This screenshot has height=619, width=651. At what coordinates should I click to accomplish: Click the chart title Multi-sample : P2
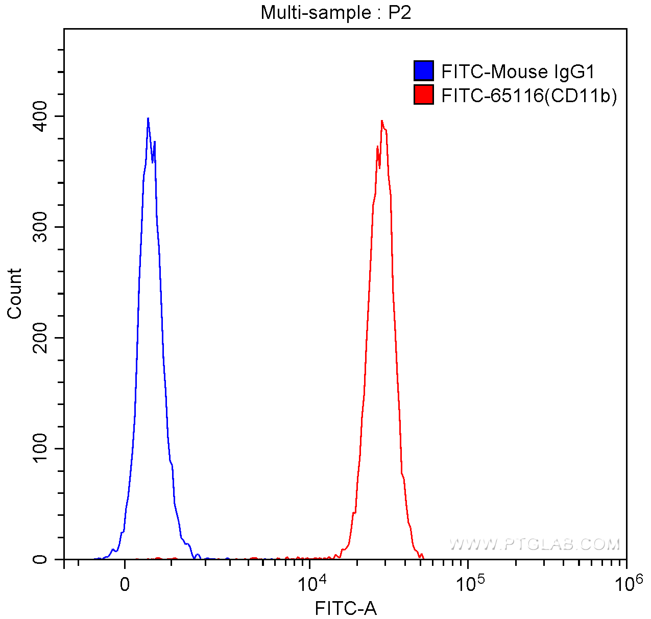click(x=335, y=12)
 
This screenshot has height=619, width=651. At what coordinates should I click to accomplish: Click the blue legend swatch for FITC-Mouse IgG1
click(x=423, y=71)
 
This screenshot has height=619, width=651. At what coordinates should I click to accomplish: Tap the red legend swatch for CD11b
click(x=423, y=95)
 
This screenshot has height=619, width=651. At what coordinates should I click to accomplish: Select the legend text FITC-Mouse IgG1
click(x=518, y=72)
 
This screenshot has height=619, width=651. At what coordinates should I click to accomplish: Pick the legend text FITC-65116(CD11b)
click(x=528, y=96)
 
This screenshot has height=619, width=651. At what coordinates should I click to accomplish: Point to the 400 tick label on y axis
click(x=43, y=116)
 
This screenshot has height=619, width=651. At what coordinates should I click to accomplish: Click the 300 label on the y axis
click(x=43, y=227)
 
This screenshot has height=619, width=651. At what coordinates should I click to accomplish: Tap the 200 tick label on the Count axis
click(x=43, y=338)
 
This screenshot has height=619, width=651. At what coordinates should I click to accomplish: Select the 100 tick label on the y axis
click(x=43, y=449)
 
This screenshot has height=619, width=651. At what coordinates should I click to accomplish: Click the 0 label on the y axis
click(x=43, y=560)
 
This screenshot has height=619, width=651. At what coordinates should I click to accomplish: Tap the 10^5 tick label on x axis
click(x=468, y=582)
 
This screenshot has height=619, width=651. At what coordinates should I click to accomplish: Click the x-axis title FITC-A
click(x=346, y=608)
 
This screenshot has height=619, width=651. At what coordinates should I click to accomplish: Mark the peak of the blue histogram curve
click(x=148, y=118)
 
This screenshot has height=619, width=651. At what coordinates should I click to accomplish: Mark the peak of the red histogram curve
click(x=381, y=121)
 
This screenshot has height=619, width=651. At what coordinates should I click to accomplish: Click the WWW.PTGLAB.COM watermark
click(x=535, y=544)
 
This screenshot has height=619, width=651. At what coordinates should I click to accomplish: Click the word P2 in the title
click(x=400, y=12)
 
